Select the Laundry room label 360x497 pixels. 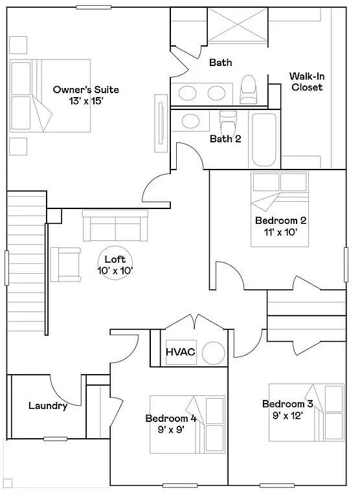[48, 406]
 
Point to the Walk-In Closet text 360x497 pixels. [306, 82]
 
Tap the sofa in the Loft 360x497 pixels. [115, 226]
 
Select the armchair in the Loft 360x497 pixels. [64, 264]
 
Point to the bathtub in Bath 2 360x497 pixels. [265, 140]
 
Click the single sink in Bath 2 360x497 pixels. [190, 120]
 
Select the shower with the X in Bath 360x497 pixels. [237, 26]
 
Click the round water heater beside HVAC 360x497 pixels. [212, 353]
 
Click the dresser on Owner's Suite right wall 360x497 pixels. [160, 120]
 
